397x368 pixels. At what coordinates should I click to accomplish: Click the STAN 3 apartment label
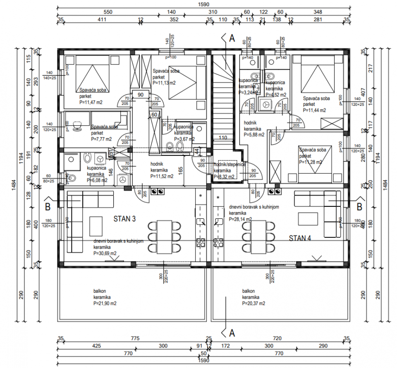(x=124, y=219)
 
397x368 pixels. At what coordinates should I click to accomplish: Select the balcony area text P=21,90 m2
(x=105, y=303)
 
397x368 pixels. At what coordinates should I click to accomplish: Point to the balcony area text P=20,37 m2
(x=254, y=303)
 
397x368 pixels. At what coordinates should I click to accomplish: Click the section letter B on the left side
(x=48, y=206)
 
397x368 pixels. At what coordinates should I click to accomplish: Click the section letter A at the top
(x=232, y=38)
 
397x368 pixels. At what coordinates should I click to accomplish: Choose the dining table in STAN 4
(x=259, y=237)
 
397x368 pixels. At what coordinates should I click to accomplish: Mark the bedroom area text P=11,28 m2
(x=311, y=162)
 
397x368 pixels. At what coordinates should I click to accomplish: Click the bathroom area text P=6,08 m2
(x=97, y=180)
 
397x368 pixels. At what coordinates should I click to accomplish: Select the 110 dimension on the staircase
(x=223, y=138)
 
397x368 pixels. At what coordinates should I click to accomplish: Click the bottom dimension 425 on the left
(x=96, y=346)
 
